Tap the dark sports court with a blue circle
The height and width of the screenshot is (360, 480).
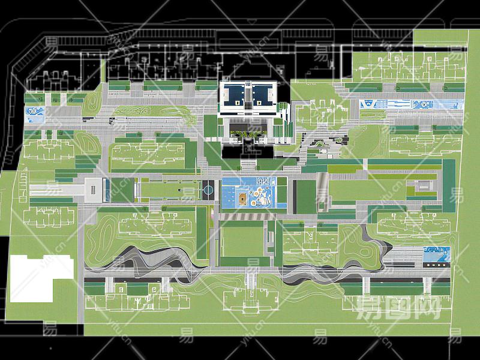208,191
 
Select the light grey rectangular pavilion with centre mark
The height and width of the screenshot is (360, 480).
94,189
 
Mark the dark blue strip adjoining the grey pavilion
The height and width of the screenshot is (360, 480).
106,190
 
